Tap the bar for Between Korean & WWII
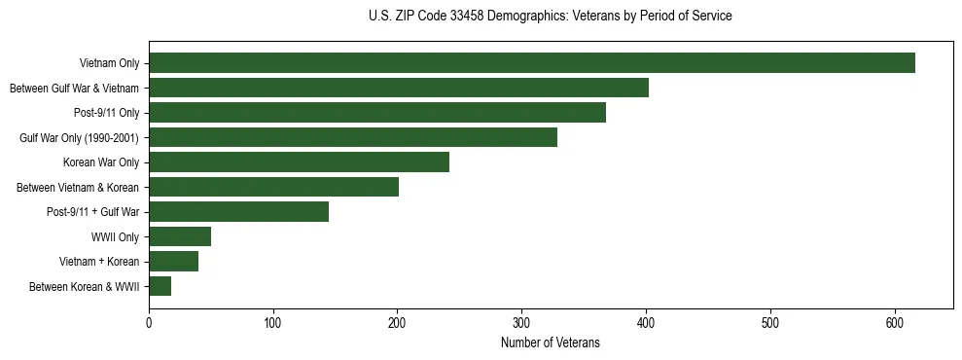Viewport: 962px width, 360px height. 160,286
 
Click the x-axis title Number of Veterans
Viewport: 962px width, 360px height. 550,343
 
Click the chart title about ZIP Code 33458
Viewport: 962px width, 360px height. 551,17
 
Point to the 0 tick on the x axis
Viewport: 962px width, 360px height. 149,322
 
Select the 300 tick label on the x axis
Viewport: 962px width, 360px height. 521,322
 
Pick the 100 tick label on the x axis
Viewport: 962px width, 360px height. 273,322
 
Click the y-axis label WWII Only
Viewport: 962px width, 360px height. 115,236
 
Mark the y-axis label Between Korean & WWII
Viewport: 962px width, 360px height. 85,286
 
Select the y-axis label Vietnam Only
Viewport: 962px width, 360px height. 108,63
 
